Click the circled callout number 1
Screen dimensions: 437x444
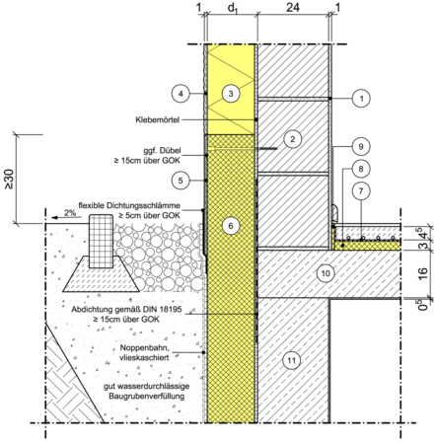point(361,98)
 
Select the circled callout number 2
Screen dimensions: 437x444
point(292,139)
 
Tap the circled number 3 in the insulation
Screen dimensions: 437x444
point(231,94)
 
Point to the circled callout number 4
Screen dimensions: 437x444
point(181,94)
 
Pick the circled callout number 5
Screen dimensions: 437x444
point(181,181)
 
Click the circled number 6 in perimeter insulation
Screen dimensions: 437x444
point(231,226)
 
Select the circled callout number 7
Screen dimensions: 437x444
point(361,190)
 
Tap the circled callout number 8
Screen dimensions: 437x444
point(361,169)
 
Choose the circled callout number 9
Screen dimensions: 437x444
point(361,146)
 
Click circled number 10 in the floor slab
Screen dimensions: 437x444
point(326,273)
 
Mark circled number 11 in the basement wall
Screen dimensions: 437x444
point(292,360)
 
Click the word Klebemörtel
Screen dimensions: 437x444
point(158,119)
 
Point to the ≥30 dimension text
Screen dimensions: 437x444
point(9,179)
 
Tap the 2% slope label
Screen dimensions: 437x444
point(70,213)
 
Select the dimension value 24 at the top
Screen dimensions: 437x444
point(293,7)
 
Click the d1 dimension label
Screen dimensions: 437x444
point(233,9)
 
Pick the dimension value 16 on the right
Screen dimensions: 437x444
point(424,273)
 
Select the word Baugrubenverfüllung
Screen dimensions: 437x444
point(147,396)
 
